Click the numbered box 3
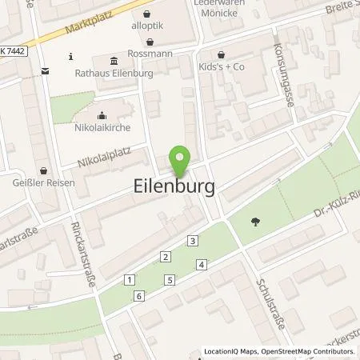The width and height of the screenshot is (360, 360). pos(193,241)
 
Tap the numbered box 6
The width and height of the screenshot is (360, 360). pos(140,296)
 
